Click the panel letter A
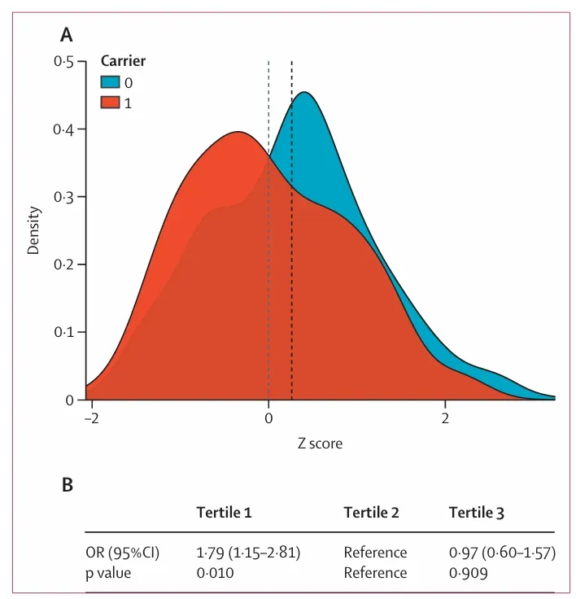tap(68, 35)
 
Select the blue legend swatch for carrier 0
tap(110, 81)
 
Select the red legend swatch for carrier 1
tap(110, 102)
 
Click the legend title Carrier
tap(123, 60)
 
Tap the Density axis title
tap(34, 231)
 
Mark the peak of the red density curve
tap(238, 132)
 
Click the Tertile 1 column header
tap(224, 513)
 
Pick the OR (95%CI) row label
tap(123, 553)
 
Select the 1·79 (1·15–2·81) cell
tap(249, 553)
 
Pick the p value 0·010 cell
tap(215, 573)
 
